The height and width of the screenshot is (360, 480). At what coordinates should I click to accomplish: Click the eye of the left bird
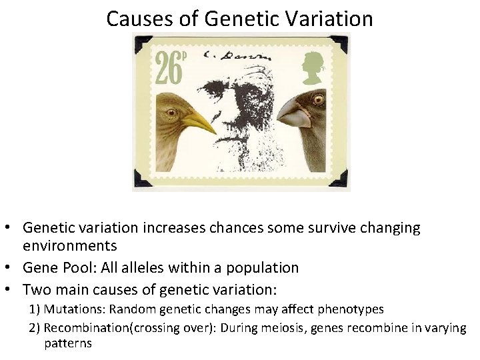tap(171, 112)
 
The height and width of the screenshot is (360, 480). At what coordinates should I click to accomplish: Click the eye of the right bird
tap(318, 99)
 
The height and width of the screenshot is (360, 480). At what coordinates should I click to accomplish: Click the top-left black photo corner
tap(141, 43)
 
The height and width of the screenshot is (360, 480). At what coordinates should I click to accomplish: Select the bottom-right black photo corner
tap(341, 179)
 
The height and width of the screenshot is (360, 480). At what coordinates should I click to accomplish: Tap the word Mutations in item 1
tap(75, 309)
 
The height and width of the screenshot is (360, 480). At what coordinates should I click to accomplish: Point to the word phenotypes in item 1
tap(355, 309)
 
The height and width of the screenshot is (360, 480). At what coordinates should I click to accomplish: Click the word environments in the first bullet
tap(70, 245)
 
